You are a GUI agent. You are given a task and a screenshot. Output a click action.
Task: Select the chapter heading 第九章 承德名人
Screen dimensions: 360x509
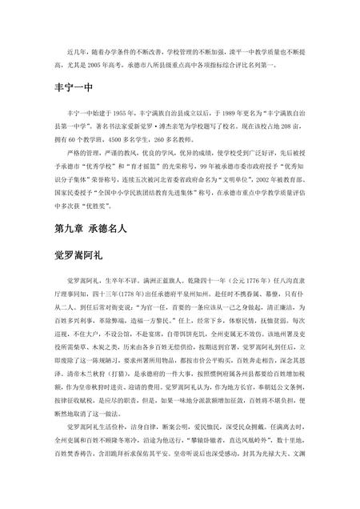(93, 227)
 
